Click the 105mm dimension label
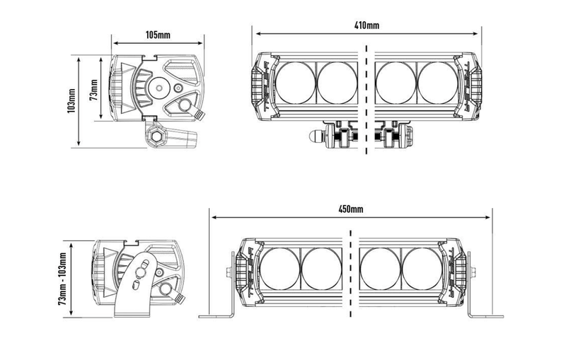pyautogui.click(x=158, y=35)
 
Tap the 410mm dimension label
pyautogui.click(x=366, y=25)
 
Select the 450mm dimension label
pyautogui.click(x=351, y=209)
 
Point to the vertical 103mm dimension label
pyautogui.click(x=71, y=101)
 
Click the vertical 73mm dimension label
pyautogui.click(x=94, y=90)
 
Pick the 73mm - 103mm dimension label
pyautogui.click(x=62, y=279)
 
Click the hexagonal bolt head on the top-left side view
pyautogui.click(x=156, y=137)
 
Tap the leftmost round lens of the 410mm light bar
pyautogui.click(x=296, y=83)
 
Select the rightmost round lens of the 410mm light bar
pyautogui.click(x=438, y=83)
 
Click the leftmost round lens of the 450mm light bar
pyautogui.click(x=280, y=269)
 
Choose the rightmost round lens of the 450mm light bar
pyautogui.click(x=422, y=269)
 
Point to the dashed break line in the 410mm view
pyautogui.click(x=366, y=100)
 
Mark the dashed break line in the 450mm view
pyautogui.click(x=351, y=274)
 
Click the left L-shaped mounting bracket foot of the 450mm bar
pyautogui.click(x=216, y=316)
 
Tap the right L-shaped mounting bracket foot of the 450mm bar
pyautogui.click(x=485, y=316)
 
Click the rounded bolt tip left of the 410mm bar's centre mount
pyautogui.click(x=314, y=137)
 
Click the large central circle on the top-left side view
pyautogui.click(x=159, y=87)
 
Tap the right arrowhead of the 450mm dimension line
pyautogui.click(x=487, y=218)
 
